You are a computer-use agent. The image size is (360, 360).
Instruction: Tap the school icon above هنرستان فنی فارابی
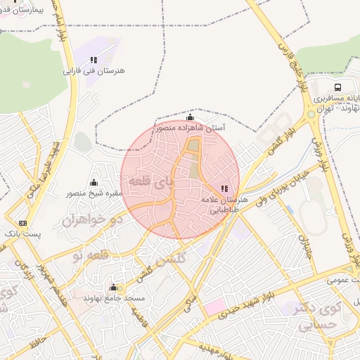pos(94,60)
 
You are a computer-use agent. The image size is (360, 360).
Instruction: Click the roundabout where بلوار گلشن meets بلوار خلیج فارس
pos(310,114)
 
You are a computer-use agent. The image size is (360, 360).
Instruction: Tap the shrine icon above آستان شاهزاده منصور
pos(190,117)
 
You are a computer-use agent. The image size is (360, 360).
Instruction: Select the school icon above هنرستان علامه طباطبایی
pos(224,188)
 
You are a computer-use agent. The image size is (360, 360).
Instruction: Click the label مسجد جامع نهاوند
pos(115,298)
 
